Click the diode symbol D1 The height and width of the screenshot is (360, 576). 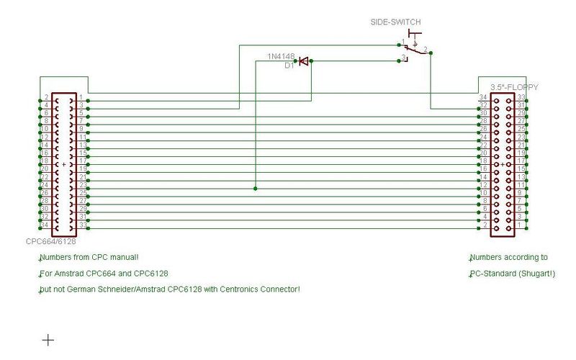[x=303, y=62]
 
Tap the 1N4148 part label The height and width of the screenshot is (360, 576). [x=282, y=55]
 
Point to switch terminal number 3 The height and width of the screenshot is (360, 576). [x=404, y=57]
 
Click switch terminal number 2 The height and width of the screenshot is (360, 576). [x=426, y=49]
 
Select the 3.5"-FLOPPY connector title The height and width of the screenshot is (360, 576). [x=514, y=87]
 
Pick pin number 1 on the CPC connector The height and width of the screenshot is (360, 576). [x=81, y=97]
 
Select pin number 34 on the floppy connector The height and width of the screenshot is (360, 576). [x=484, y=97]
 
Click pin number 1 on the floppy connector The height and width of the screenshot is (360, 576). [x=520, y=226]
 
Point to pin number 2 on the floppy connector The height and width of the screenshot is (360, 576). [x=485, y=226]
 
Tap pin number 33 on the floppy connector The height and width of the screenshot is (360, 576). [x=520, y=97]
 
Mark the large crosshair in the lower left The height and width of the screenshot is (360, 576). [x=48, y=340]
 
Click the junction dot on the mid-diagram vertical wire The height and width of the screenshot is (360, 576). [x=255, y=189]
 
